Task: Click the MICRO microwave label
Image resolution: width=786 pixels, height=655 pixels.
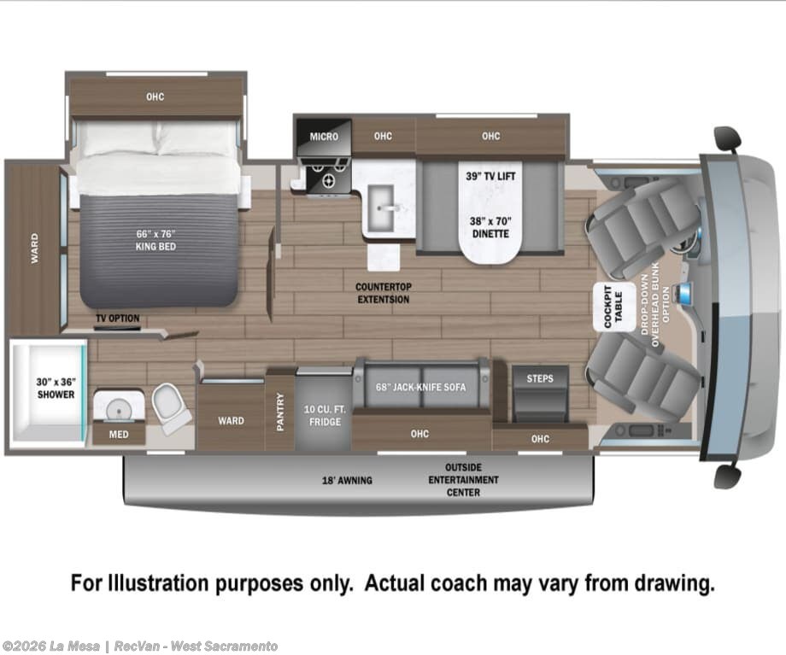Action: [x=324, y=137]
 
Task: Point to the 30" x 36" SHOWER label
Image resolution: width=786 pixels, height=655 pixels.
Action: [x=56, y=388]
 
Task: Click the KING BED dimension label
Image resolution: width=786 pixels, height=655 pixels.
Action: [x=155, y=240]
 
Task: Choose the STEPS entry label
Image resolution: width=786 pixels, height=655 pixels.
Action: [x=540, y=378]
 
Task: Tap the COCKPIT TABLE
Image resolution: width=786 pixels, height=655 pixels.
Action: [x=613, y=307]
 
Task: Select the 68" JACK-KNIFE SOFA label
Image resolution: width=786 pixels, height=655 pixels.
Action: [x=420, y=387]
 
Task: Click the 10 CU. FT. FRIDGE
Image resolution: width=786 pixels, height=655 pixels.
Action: [x=325, y=408]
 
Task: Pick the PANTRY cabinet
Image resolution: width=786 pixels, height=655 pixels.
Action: [x=279, y=410]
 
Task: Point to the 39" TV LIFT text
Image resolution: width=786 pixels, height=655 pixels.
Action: [x=490, y=176]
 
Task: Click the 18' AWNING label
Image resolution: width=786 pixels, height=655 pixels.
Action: [x=347, y=480]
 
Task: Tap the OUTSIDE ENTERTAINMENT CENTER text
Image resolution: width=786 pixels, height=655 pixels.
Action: [x=463, y=480]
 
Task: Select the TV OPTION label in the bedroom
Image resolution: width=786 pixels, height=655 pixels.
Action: [x=118, y=319]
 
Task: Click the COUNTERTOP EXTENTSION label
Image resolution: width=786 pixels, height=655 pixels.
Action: [x=383, y=293]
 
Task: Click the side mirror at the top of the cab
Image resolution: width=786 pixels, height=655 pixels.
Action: [x=727, y=137]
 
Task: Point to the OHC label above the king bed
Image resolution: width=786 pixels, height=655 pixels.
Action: [x=155, y=96]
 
